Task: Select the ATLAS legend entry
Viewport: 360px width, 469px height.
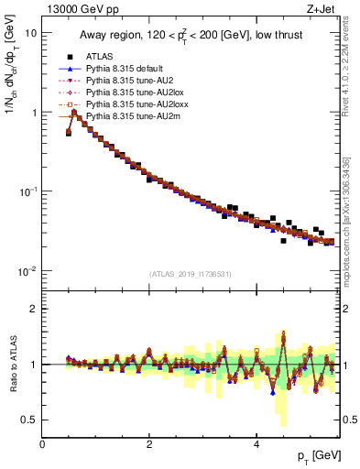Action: point(102,57)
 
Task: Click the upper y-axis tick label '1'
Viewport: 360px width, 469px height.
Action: point(34,113)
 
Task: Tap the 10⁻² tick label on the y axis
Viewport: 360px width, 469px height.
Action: point(29,271)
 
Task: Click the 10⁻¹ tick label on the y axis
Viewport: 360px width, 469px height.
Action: point(29,191)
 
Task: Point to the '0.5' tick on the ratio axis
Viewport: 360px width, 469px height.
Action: point(29,420)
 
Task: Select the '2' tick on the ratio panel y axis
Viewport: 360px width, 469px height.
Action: point(34,309)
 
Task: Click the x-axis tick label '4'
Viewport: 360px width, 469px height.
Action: point(256,443)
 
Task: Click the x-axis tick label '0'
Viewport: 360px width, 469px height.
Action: point(42,443)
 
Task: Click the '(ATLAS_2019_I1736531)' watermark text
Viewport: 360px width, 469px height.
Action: point(191,274)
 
